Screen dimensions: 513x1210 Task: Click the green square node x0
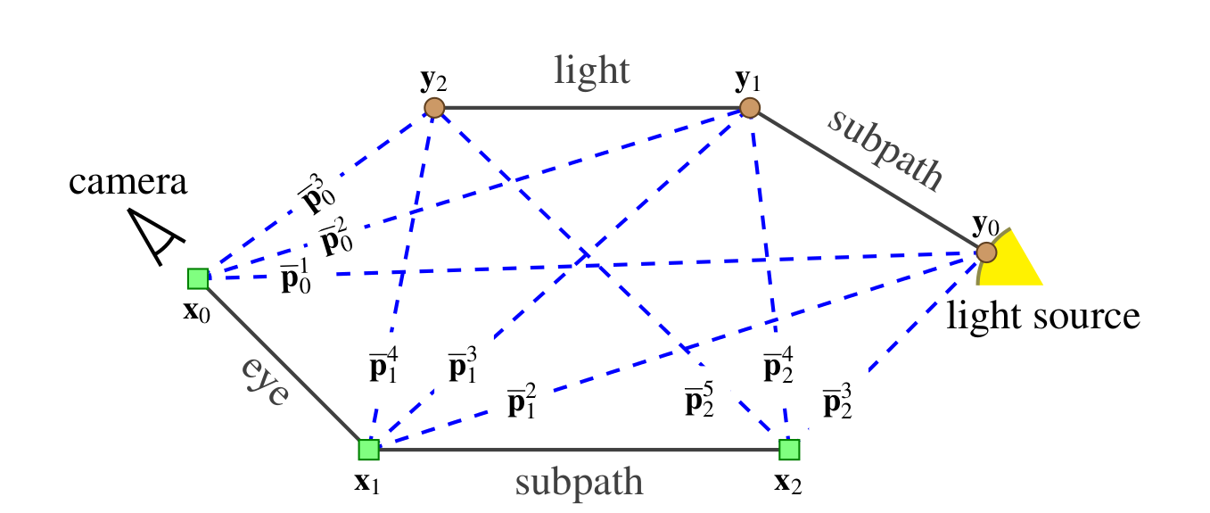point(198,278)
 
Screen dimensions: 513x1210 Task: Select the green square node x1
point(368,449)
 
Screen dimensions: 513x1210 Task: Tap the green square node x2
point(788,449)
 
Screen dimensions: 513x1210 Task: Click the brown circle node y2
point(434,108)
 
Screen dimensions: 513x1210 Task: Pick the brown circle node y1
point(750,108)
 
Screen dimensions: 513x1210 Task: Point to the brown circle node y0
point(984,252)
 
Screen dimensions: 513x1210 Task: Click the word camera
point(129,184)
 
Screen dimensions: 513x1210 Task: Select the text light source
point(1043,315)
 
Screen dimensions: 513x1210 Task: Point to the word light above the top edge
point(592,70)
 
